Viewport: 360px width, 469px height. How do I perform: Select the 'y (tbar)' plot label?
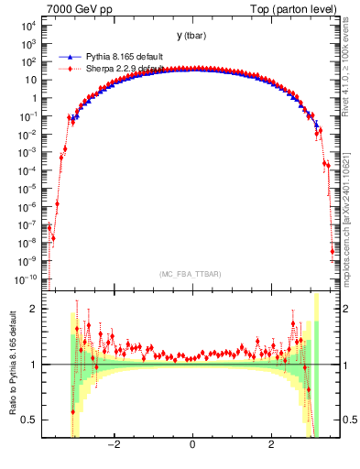click(191, 36)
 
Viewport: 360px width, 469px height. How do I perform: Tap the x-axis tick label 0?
click(191, 445)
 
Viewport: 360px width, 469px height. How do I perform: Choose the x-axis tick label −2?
click(114, 445)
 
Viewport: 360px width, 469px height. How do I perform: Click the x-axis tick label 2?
click(270, 445)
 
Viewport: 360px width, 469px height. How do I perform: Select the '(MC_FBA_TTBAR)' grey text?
click(191, 274)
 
